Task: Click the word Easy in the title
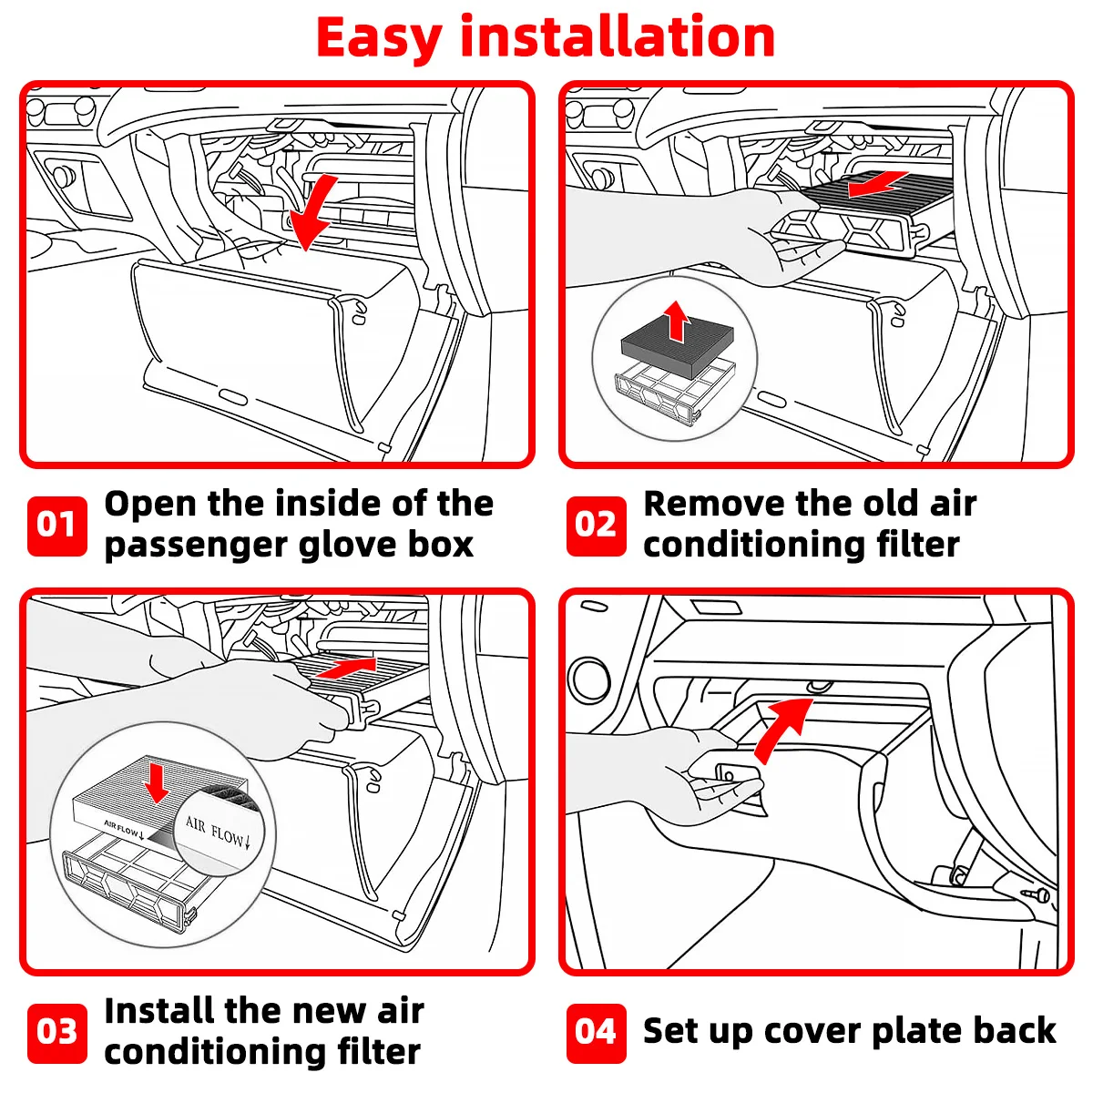tap(379, 38)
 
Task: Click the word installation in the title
tap(618, 36)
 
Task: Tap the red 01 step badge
tap(56, 526)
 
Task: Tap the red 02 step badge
tap(596, 526)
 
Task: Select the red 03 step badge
tap(56, 1034)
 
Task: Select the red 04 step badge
tap(596, 1034)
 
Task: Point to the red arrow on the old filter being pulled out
tap(878, 183)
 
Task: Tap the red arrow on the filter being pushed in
tap(346, 668)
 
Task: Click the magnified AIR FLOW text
tap(218, 833)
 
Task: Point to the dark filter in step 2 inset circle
tap(678, 345)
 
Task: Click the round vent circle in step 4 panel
tap(591, 679)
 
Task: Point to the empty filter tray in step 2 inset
tap(675, 392)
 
